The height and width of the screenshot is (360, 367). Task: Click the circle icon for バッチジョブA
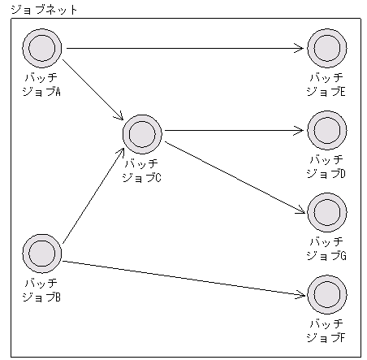(42, 49)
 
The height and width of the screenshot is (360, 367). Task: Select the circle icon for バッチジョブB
(42, 254)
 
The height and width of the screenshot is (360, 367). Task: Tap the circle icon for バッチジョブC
(142, 132)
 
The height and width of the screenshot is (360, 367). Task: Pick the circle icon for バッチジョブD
(326, 130)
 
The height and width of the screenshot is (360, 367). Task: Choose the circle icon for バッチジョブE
(326, 49)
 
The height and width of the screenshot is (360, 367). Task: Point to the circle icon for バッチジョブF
(326, 294)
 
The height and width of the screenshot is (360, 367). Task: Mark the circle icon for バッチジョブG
(326, 212)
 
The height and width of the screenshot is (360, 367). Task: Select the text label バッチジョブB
(41, 290)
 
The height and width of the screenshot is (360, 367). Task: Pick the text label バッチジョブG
(326, 249)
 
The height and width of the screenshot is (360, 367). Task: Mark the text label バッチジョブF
(326, 330)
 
